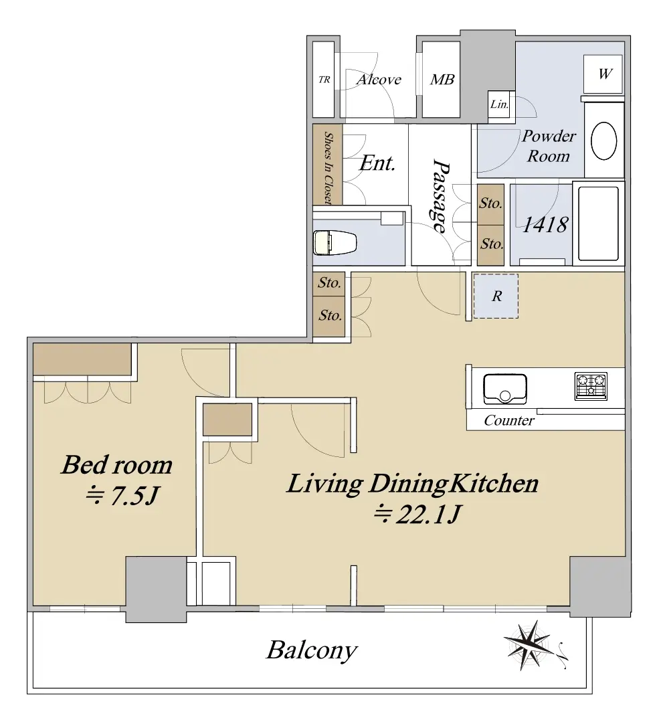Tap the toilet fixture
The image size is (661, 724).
[x=335, y=242]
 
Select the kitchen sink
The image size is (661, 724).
[x=505, y=388]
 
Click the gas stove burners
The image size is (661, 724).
[x=591, y=386]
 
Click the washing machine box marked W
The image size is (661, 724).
[x=603, y=74]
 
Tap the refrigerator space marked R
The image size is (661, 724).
[x=496, y=296]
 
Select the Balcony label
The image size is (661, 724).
[x=312, y=651]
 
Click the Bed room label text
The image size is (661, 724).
[x=117, y=465]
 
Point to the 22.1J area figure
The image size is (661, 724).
[x=417, y=514]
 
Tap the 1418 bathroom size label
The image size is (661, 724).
[x=545, y=224]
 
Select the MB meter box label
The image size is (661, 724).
[x=442, y=80]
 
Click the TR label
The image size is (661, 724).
[x=324, y=80]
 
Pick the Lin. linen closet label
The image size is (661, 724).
[x=499, y=104]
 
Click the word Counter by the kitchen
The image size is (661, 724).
[x=508, y=420]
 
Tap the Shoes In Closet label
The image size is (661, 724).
[x=328, y=168]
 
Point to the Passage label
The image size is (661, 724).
[x=440, y=196]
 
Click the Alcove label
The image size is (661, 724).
[x=379, y=80]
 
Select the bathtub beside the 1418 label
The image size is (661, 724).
[x=598, y=224]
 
